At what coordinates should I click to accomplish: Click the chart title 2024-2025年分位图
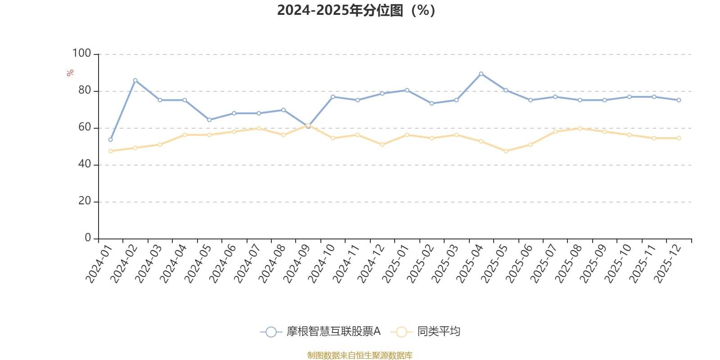point(356,10)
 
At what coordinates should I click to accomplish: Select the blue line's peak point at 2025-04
point(481,74)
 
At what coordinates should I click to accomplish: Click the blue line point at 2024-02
point(135,80)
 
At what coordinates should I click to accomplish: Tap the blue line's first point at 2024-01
point(110,139)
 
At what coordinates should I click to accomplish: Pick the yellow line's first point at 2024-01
point(110,151)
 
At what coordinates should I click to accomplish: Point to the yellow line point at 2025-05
point(506,151)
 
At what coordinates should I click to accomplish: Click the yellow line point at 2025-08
point(580,128)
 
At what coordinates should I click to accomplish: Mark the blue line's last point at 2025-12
point(679,100)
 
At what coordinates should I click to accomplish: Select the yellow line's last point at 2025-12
point(679,138)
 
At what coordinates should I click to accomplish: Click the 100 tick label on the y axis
point(81,54)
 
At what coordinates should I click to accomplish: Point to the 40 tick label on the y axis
point(84,164)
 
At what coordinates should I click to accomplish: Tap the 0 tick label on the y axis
point(88,238)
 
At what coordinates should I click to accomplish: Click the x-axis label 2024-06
point(222,264)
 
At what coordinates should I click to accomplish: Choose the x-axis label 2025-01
point(395,264)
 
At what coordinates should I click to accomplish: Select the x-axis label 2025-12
point(667,264)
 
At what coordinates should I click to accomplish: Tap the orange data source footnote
point(360,355)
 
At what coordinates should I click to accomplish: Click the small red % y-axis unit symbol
point(70,73)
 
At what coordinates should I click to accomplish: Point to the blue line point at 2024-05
point(209,120)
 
